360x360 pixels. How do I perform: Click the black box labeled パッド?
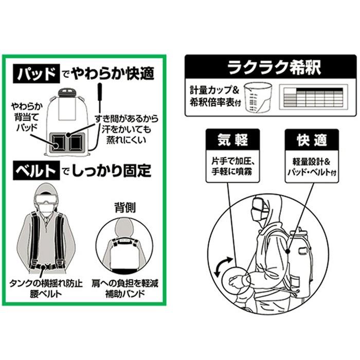[x=34, y=74]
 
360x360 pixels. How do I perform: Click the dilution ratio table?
[x=311, y=96]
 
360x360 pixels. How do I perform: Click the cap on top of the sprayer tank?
[x=67, y=93]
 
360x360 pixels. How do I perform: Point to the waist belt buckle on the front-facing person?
[x=49, y=267]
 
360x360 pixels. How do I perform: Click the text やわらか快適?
[x=113, y=74]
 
